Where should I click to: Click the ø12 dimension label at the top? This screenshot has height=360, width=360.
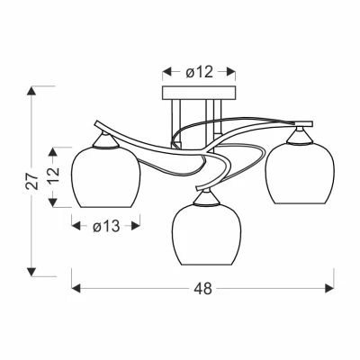click(x=199, y=72)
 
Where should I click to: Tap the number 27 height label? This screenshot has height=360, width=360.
click(x=32, y=181)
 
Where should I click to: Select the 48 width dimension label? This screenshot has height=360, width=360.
click(x=202, y=289)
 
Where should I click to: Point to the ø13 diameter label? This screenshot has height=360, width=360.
click(x=106, y=226)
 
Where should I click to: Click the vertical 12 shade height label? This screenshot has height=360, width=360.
click(x=53, y=175)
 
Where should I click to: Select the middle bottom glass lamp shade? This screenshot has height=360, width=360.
click(x=207, y=235)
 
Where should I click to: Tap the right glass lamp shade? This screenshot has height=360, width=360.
click(x=300, y=174)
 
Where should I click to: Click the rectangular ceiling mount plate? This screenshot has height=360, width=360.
click(x=199, y=93)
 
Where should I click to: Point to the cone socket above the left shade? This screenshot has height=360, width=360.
click(x=105, y=139)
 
